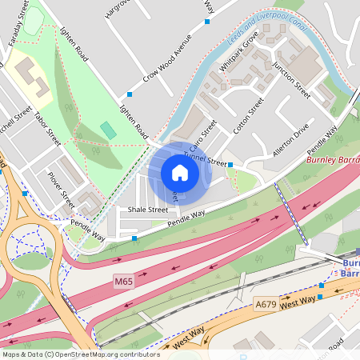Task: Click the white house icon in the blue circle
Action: tap(180, 173)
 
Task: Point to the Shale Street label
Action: tap(142, 210)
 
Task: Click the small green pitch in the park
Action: tap(108, 130)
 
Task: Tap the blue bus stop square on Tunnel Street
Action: tap(230, 165)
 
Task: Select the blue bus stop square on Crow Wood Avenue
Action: tap(130, 94)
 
